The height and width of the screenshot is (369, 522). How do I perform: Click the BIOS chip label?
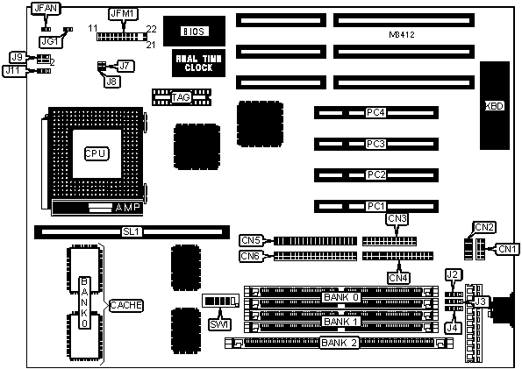pos(194,32)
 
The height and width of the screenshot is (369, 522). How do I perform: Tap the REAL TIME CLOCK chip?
pos(198,63)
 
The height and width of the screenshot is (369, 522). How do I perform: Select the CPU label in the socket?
pos(97,153)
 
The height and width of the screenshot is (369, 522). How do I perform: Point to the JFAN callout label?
pos(46,8)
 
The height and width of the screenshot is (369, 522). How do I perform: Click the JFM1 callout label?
pos(123,14)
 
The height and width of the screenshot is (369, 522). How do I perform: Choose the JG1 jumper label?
pos(51,41)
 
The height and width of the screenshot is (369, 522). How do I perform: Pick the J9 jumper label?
pos(18,58)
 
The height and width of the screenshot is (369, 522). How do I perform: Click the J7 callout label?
pos(125,66)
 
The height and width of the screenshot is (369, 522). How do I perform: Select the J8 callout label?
pos(112,82)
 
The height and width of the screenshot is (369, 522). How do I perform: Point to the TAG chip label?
pos(181,97)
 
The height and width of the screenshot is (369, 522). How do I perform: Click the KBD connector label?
pos(495,106)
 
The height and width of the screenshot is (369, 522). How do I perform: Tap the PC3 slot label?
pos(375,144)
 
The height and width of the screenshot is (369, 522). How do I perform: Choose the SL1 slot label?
pos(132,231)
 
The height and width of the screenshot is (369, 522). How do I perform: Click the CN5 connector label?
pos(251,240)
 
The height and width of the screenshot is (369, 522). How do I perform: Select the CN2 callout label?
pos(484,228)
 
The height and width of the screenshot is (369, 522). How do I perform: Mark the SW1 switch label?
pos(219,323)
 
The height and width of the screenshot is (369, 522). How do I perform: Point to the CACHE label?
pos(125,305)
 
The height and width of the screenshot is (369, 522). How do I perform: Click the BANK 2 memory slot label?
pos(339,343)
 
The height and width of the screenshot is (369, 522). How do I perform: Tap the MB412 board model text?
pos(402,34)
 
